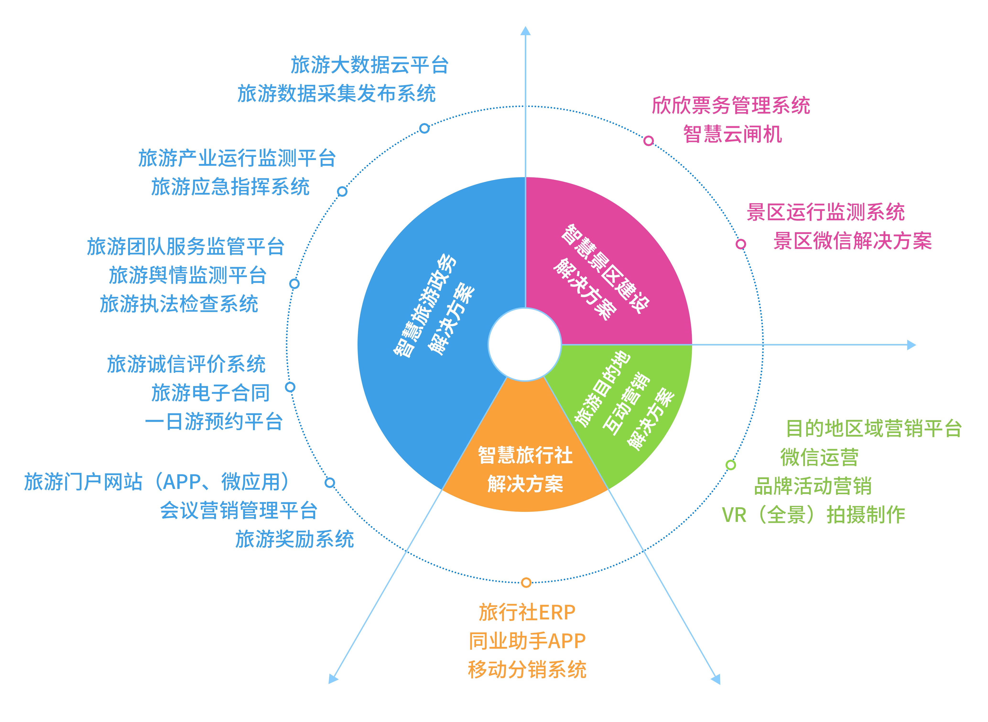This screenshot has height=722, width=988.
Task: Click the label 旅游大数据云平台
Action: [x=369, y=65]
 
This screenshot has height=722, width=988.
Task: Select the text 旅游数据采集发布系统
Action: [x=336, y=93]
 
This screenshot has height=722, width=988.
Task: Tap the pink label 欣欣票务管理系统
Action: [x=731, y=105]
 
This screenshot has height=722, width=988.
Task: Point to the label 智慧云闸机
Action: [x=733, y=134]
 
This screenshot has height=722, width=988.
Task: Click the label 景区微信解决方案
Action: [x=852, y=241]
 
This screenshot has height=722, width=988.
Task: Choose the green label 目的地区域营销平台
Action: [x=874, y=429]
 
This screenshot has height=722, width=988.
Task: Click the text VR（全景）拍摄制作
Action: [x=813, y=515]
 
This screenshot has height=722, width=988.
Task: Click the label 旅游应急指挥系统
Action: [x=230, y=187]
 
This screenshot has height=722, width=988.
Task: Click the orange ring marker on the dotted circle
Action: [x=526, y=583]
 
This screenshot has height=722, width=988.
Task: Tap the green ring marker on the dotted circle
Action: [x=731, y=465]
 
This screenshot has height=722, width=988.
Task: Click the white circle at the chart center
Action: [x=525, y=345]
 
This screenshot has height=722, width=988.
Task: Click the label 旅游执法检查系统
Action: [x=179, y=304]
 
